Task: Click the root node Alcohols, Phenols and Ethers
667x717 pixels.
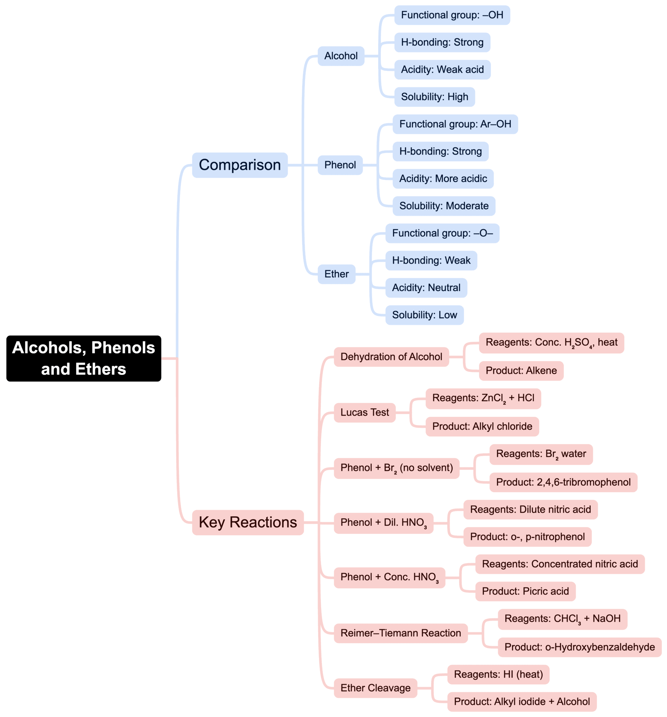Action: (83, 358)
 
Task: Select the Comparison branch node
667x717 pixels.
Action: (240, 165)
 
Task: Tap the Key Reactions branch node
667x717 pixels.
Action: (248, 522)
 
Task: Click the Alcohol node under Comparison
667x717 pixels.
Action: (341, 56)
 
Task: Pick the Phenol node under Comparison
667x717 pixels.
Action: (340, 165)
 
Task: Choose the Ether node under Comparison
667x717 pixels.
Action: (336, 274)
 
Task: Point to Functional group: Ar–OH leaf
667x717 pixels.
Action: (455, 124)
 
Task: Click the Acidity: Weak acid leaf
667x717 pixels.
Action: (442, 69)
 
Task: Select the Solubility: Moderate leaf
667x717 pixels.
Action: (444, 206)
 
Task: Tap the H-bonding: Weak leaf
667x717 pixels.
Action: (431, 260)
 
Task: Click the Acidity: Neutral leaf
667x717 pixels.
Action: (426, 288)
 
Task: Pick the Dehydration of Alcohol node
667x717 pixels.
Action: (391, 357)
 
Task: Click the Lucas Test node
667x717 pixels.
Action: (364, 412)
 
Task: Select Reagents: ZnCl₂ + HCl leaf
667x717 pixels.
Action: (483, 398)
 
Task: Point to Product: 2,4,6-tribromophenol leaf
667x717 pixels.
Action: (563, 482)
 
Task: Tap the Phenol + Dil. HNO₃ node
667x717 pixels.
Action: (383, 523)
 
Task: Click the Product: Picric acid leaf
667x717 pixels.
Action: (525, 591)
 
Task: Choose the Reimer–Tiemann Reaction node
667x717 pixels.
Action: (400, 633)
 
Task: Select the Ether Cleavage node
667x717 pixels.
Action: (375, 688)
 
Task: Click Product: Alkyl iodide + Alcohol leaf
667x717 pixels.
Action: (522, 701)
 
